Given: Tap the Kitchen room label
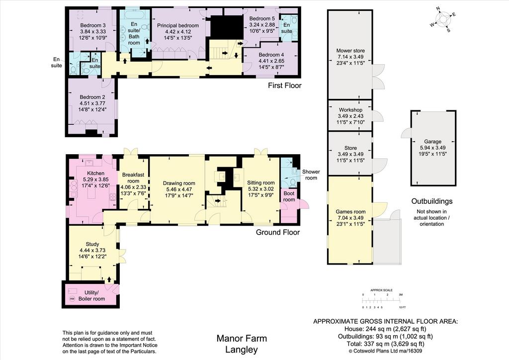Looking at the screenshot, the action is (x=96, y=174).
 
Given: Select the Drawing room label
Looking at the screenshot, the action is (x=179, y=183).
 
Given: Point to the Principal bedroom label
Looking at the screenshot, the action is (x=178, y=25).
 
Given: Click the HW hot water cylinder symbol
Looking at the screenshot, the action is (x=72, y=299).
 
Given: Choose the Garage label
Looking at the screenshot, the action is (x=433, y=142).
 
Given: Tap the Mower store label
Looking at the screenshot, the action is (x=350, y=51).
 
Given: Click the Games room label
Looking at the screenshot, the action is (x=350, y=212).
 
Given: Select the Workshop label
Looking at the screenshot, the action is (x=350, y=110).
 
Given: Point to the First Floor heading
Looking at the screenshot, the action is (x=285, y=86).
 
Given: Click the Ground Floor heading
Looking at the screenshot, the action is (x=278, y=232).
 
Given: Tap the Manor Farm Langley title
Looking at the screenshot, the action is (x=242, y=344).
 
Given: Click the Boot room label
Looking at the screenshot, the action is (x=289, y=196).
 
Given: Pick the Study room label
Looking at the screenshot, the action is (x=92, y=244).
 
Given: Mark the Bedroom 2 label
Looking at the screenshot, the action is (x=92, y=97).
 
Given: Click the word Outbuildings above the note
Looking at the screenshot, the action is (x=432, y=201).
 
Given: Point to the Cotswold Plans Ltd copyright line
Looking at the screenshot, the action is (x=385, y=351).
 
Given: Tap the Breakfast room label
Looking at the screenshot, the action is (x=133, y=178).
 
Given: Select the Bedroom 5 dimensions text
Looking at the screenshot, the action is (x=262, y=28).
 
